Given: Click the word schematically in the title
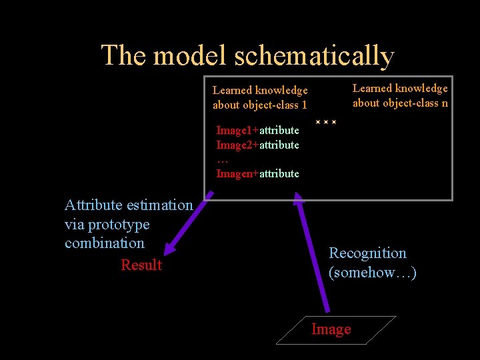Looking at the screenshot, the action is [x=314, y=56].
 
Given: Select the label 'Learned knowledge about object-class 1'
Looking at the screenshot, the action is [x=260, y=97].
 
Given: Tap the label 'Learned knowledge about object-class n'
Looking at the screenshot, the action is [x=400, y=95].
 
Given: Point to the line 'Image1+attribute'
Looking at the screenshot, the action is [x=257, y=130].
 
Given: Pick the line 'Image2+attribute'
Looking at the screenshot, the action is [x=257, y=145].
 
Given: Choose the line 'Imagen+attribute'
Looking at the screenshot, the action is [x=257, y=174].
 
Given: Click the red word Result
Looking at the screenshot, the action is [x=141, y=265].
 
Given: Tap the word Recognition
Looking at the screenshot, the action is [x=367, y=253].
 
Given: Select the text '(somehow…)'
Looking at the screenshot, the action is [x=373, y=273].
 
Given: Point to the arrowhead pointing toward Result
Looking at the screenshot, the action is [x=170, y=247].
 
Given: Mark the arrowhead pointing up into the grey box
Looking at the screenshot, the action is [x=299, y=195].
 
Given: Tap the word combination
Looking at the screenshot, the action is [x=105, y=243].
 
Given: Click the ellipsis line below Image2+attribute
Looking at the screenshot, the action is [x=223, y=160].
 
